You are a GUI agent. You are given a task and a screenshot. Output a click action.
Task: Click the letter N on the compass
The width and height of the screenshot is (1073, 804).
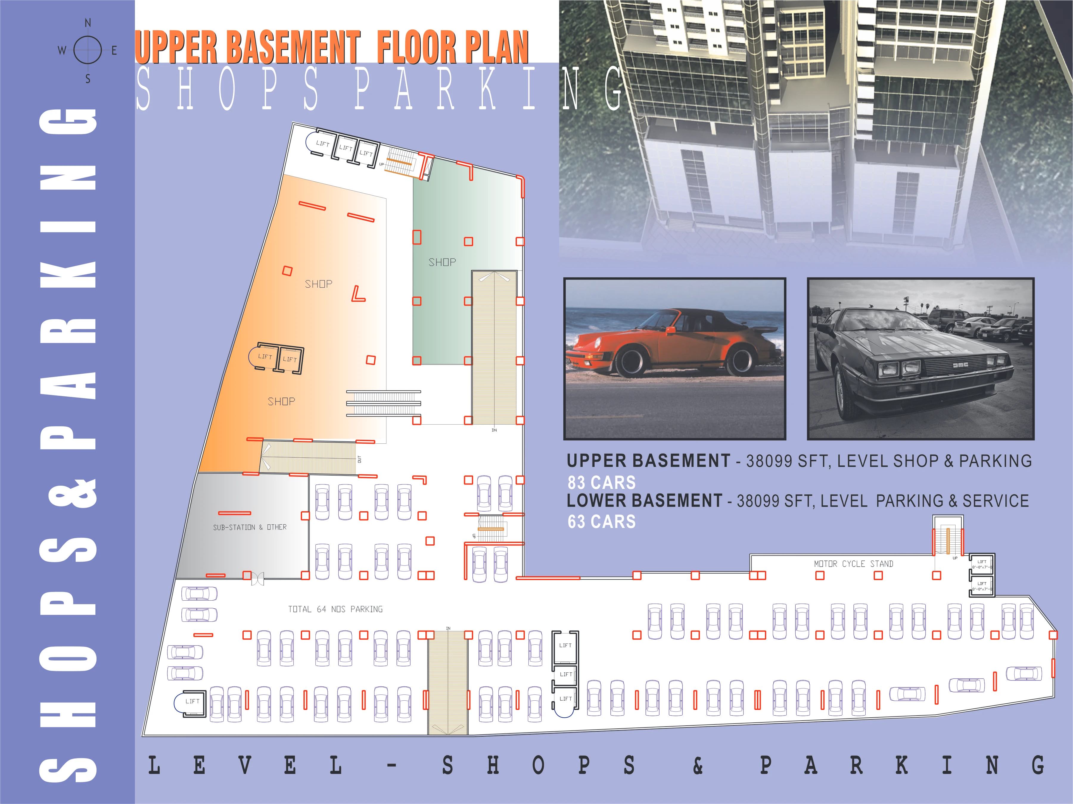(88, 23)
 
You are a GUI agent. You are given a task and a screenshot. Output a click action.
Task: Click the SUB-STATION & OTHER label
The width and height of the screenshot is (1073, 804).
(250, 527)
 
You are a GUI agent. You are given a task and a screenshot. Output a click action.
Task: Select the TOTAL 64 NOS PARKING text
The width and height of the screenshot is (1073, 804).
(335, 609)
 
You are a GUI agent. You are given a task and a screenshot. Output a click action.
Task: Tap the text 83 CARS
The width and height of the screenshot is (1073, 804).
(601, 482)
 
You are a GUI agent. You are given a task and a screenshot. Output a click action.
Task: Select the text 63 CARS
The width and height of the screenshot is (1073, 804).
(601, 522)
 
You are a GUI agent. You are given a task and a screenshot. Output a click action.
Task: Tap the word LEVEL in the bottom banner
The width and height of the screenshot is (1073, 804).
(245, 766)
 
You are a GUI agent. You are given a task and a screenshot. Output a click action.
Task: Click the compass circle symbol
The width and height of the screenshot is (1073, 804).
(88, 50)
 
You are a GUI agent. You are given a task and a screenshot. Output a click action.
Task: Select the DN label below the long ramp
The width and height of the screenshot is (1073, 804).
(494, 430)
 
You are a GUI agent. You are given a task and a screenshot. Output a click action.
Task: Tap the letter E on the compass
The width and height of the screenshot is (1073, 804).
(114, 50)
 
